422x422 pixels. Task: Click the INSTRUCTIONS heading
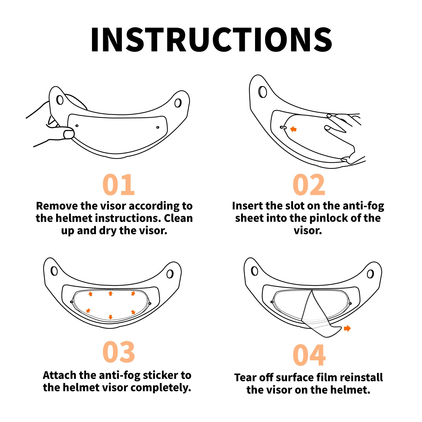coord(211,40)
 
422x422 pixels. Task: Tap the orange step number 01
coord(119,185)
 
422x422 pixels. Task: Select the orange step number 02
coord(309,185)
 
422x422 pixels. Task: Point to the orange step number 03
coord(119,352)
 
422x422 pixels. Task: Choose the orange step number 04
coord(309,355)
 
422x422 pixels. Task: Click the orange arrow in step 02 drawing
coord(293,129)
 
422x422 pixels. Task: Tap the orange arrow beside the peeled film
coord(347,328)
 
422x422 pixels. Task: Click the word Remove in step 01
coord(56,206)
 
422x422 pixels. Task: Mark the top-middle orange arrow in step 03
coord(111,294)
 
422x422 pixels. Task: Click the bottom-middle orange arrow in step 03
coord(111,317)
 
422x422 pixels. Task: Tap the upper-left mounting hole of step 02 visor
coord(263,92)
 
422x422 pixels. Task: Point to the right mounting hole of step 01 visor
coord(178,103)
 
